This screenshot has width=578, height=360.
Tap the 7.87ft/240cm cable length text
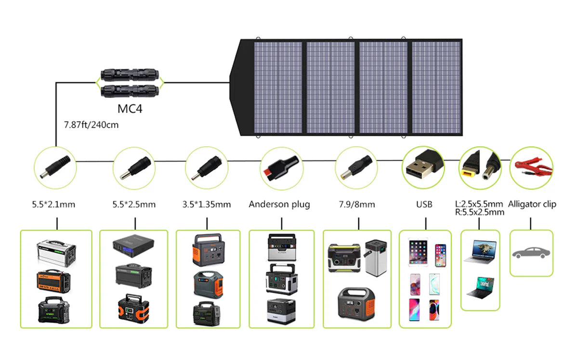(92, 125)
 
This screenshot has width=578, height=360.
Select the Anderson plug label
(279, 205)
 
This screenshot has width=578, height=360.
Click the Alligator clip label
(532, 205)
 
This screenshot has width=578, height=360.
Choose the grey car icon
(531, 253)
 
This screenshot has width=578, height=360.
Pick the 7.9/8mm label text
(357, 205)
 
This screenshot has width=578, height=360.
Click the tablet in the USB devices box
(417, 252)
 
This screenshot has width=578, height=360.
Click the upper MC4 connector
(130, 76)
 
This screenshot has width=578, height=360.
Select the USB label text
(424, 205)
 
